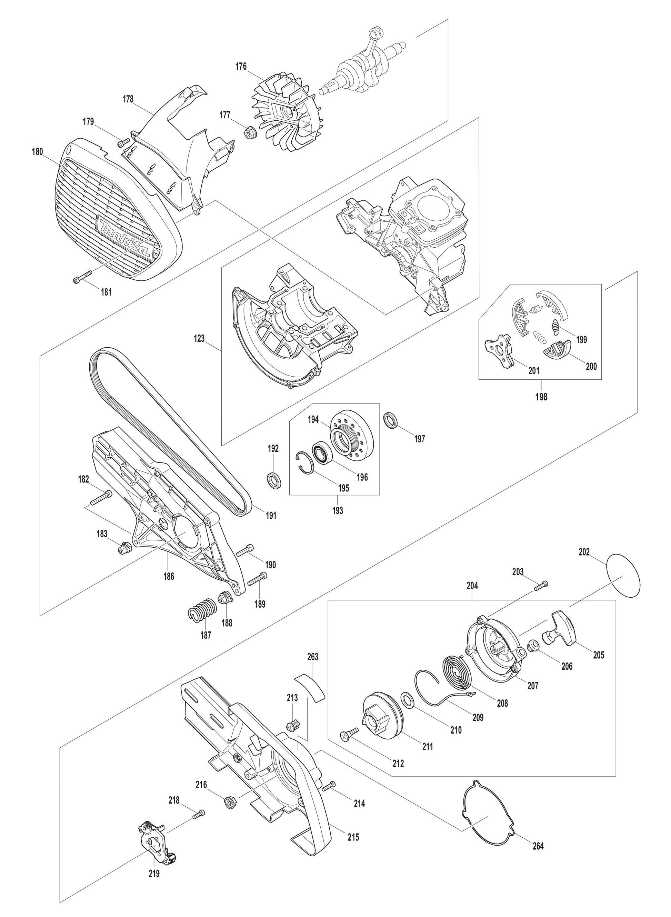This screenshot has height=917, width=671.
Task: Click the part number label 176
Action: pos(241,66)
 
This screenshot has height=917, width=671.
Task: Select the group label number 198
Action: pos(541,397)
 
